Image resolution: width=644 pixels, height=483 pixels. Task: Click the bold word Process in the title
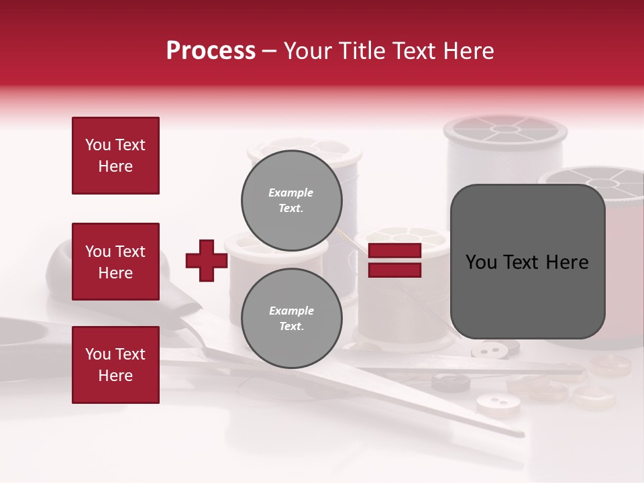[x=211, y=50]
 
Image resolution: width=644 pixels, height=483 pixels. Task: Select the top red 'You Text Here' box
[x=115, y=156]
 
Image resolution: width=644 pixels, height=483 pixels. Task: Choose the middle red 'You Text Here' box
[x=115, y=262]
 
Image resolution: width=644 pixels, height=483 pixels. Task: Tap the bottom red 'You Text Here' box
[x=115, y=364]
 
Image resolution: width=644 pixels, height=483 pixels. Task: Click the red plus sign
[x=207, y=260]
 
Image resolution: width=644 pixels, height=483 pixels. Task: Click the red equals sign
[x=394, y=260]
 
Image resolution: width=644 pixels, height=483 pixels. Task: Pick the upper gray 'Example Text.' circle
[x=291, y=200]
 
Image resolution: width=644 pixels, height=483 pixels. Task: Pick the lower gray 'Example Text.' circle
[x=291, y=318]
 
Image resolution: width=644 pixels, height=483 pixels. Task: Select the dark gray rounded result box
[x=527, y=262]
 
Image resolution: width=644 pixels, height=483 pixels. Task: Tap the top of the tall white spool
[x=504, y=129]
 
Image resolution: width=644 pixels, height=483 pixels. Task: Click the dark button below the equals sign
[x=450, y=382]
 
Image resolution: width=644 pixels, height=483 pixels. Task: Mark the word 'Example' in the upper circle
[x=291, y=193]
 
